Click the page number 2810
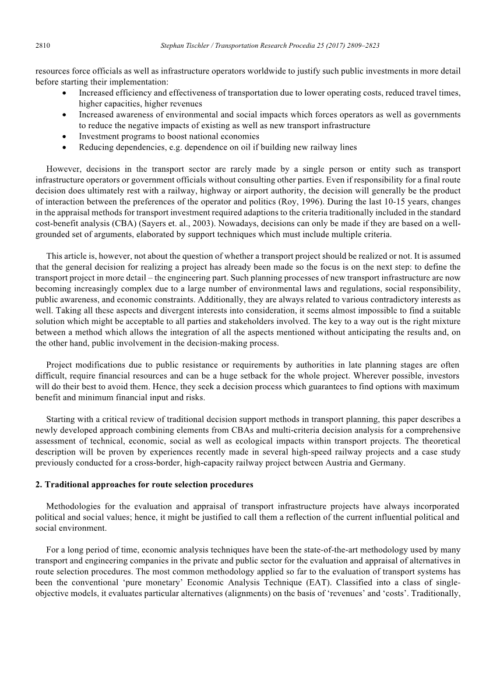tap(43, 45)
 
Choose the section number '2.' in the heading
tap(39, 484)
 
